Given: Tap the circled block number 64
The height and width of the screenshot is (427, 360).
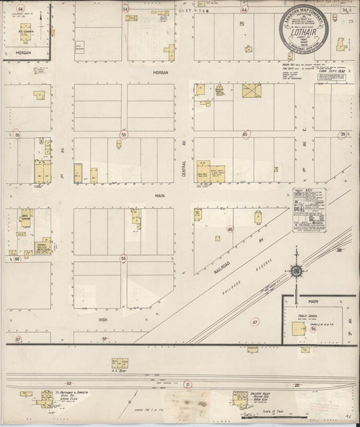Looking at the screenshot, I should tap(20, 9).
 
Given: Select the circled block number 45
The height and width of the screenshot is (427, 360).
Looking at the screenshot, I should tap(245, 134).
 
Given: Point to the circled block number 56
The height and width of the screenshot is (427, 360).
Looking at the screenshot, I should tap(124, 258).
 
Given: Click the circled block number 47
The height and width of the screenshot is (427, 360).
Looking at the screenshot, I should tap(255, 322).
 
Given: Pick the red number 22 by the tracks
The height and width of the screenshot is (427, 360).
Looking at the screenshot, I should tap(68, 384).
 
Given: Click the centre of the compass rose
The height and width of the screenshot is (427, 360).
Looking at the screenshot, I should tap(295, 272).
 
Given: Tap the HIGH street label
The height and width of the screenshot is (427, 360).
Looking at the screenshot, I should tap(103, 320).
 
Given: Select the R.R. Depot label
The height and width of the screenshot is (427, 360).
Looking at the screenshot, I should tap(119, 371).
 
